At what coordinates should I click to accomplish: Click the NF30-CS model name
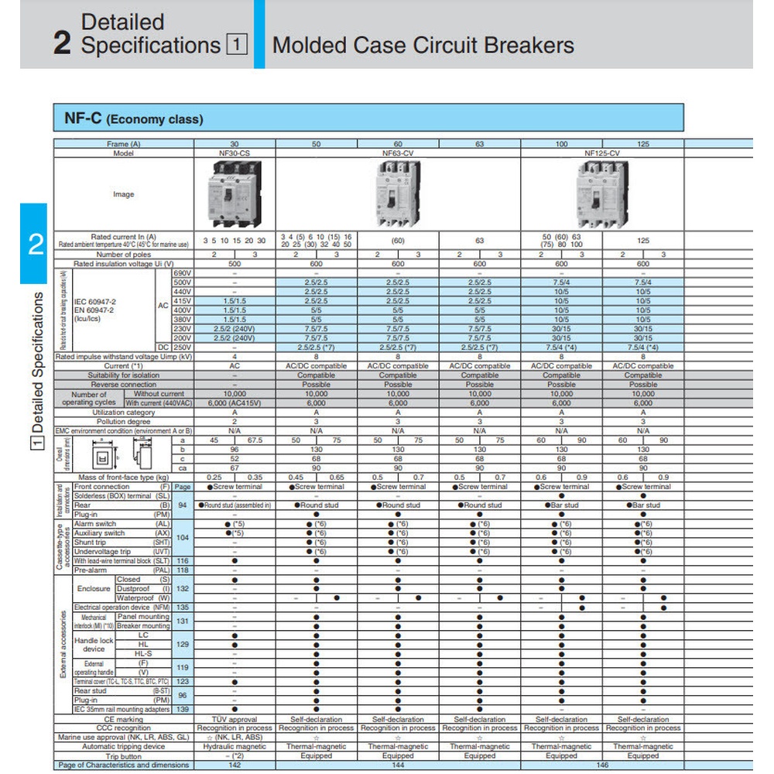[x=235, y=153]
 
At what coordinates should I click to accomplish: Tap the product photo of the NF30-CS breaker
[x=235, y=194]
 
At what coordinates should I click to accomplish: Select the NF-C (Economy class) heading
[x=129, y=119]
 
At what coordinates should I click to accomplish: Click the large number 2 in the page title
[x=62, y=44]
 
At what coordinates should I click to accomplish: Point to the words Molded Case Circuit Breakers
[x=423, y=45]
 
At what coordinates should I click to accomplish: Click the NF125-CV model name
[x=602, y=153]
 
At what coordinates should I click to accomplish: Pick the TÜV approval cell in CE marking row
[x=235, y=719]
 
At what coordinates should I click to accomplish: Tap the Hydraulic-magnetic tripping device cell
[x=235, y=747]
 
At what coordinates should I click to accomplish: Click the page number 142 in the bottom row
[x=235, y=765]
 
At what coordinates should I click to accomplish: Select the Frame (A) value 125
[x=643, y=144]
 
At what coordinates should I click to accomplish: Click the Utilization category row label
[x=124, y=413]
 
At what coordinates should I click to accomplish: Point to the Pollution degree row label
[x=124, y=422]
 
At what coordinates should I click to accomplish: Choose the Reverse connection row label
[x=124, y=385]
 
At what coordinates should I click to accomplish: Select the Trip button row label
[x=124, y=756]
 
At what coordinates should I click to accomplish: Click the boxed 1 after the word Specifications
[x=237, y=46]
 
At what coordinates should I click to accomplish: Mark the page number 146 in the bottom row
[x=602, y=765]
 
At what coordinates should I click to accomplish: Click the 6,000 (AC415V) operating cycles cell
[x=235, y=403]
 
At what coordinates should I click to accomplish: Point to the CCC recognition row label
[x=124, y=728]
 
